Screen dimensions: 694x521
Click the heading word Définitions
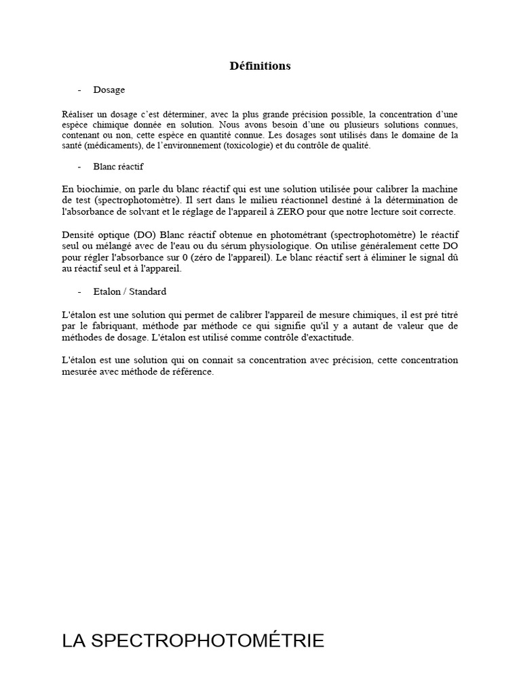260,66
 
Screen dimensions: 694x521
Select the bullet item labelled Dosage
109,89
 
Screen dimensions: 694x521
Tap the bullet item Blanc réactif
119,166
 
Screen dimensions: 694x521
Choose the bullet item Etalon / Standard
130,291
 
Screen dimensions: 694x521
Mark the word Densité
77,234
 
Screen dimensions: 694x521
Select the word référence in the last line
193,372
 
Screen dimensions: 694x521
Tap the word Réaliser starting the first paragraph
79,114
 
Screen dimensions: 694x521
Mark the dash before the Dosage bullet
80,89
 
